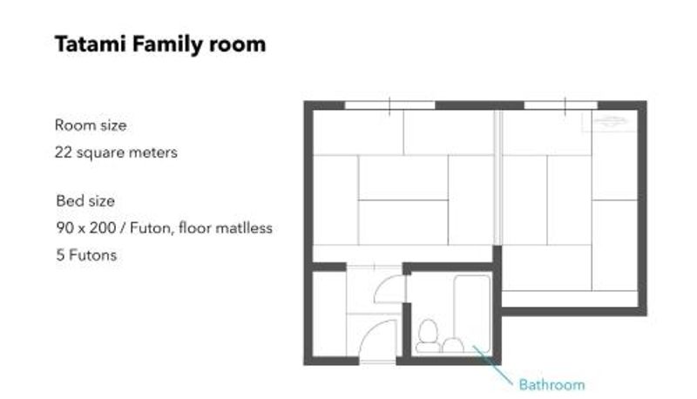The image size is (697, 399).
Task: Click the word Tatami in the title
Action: (x=91, y=44)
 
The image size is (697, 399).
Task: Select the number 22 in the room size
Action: (x=63, y=152)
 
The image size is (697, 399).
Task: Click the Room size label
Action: (x=91, y=125)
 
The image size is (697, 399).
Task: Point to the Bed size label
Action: (x=85, y=201)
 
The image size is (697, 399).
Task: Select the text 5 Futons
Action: (x=86, y=255)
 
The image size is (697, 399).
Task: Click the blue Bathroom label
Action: (x=552, y=384)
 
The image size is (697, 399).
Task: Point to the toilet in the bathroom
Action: (x=428, y=336)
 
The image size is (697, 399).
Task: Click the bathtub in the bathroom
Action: (x=472, y=314)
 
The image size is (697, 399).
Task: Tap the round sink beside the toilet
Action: (x=453, y=346)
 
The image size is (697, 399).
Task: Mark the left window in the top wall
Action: (x=389, y=105)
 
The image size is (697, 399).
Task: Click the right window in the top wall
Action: (x=561, y=105)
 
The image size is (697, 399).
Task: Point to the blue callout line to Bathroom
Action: (x=492, y=365)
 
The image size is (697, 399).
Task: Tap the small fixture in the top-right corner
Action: (x=609, y=121)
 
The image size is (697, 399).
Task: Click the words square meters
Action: (x=127, y=152)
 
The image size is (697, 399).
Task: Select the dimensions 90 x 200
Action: (x=85, y=228)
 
